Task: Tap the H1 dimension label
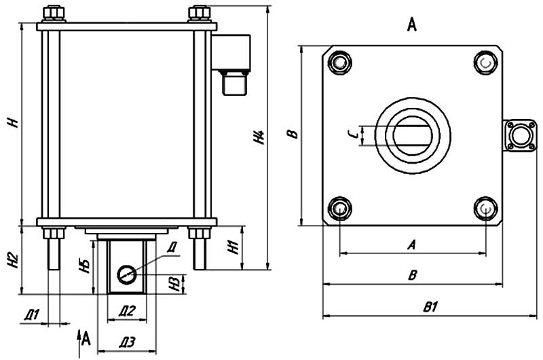pos(232,249)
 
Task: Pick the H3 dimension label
pos(175,281)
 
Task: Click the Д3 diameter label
pos(127,342)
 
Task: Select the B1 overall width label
pos(429,307)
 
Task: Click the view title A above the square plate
pos(411,26)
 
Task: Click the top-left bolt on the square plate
pos(339,62)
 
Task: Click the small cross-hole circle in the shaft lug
pos(126,274)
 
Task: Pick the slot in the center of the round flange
pos(414,134)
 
